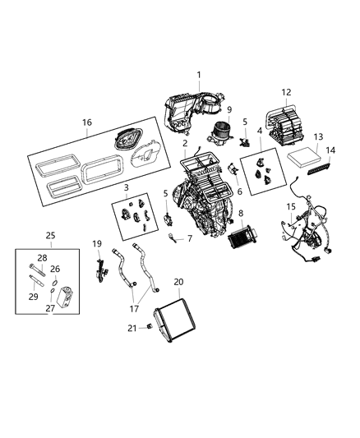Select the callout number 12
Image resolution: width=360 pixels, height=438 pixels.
[286, 92]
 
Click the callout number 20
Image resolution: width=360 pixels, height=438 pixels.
[179, 281]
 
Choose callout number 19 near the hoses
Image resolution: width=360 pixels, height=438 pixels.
[96, 244]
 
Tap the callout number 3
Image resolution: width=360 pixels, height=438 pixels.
[126, 188]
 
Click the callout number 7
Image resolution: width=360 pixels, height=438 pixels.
[189, 239]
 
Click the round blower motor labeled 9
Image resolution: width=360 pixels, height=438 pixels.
[220, 130]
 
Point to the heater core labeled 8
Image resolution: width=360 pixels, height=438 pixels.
[242, 244]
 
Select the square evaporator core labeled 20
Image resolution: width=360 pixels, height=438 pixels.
[172, 320]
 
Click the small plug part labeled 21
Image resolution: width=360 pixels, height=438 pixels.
[150, 328]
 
